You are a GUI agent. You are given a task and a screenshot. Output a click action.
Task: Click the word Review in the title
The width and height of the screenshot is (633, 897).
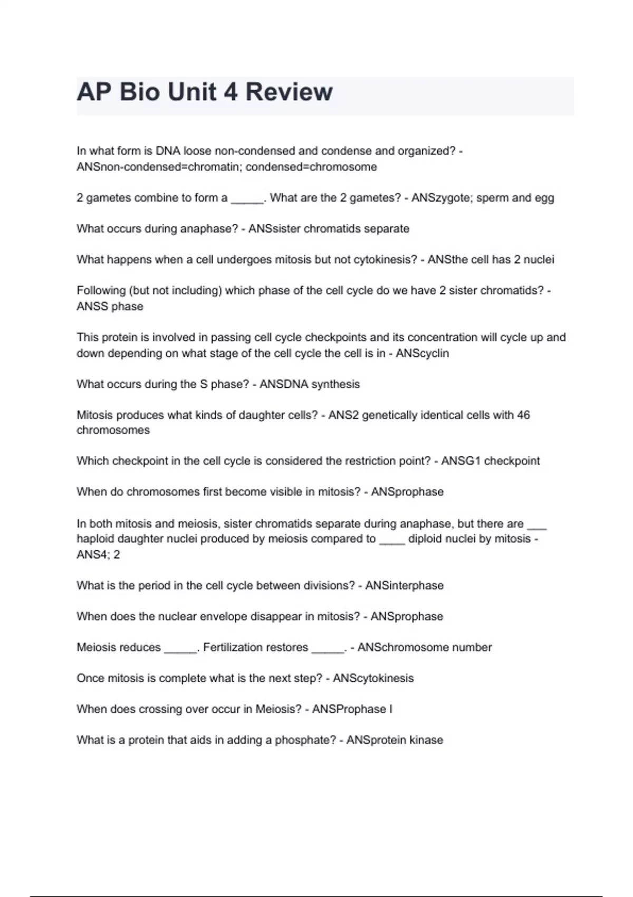[x=289, y=92]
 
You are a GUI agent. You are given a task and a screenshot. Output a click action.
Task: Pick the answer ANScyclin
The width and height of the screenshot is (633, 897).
[x=422, y=353]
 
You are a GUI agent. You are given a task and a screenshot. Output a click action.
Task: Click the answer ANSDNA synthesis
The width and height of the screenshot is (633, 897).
[x=310, y=384]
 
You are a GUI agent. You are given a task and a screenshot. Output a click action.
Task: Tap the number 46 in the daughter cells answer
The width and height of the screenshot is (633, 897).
[x=523, y=415]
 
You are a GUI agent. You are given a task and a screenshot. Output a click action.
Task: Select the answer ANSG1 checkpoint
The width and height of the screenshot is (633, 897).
[x=491, y=461]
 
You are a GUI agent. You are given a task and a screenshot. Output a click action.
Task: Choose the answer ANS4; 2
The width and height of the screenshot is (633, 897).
[x=98, y=555]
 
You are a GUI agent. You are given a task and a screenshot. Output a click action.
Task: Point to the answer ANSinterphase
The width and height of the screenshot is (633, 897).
[x=405, y=586]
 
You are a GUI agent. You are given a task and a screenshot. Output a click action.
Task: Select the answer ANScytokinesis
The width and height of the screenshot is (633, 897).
[x=373, y=678]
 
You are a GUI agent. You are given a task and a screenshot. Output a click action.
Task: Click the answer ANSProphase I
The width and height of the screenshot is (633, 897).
[x=352, y=709]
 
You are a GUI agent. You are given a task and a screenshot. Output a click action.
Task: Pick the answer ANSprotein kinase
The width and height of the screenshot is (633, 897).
[x=395, y=740]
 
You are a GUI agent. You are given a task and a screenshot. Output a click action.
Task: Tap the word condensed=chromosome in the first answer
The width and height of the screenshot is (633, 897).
[x=311, y=167]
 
